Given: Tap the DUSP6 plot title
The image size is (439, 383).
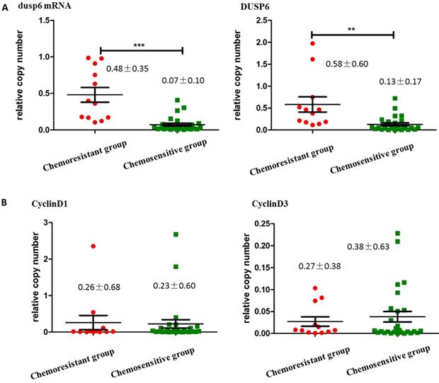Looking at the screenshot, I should click(267, 7).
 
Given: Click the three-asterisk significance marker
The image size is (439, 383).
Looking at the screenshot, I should click(142, 44).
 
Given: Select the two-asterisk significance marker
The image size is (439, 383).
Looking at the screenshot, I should click(351, 29).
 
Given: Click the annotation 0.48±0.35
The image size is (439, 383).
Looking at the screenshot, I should click(127, 69).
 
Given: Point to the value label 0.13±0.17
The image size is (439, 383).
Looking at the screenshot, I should click(400, 80).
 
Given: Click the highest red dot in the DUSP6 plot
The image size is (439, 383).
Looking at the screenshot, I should click(312, 44).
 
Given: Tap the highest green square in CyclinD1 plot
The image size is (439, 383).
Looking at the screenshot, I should click(175, 234).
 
